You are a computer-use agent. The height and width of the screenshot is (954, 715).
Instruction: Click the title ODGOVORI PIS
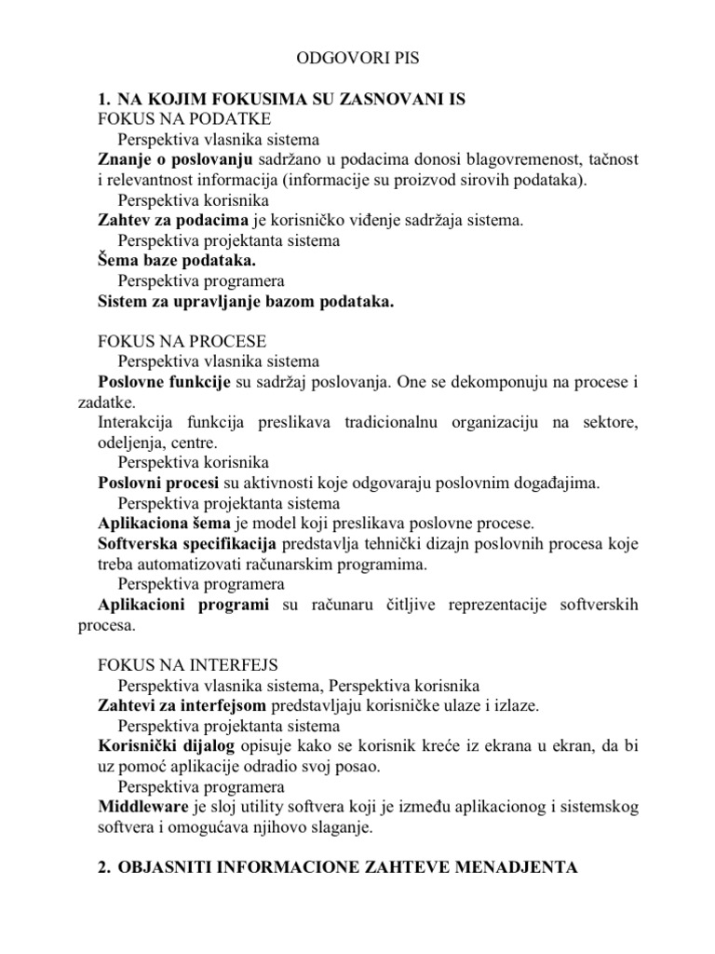pos(357,58)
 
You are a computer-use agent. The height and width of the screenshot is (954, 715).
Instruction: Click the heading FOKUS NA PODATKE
pos(184,119)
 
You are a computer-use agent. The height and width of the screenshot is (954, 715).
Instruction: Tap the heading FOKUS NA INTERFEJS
pos(188,664)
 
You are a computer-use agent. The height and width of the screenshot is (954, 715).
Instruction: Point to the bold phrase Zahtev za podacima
pos(173,221)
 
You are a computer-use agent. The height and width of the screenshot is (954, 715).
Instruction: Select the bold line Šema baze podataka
pos(176,261)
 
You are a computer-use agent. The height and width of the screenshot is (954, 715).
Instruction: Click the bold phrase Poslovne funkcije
pos(164,382)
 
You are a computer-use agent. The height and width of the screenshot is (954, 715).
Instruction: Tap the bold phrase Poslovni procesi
pos(157,483)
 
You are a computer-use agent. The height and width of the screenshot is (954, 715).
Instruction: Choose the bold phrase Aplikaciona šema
pos(164,524)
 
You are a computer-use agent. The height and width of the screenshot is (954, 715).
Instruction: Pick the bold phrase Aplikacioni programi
pos(183,605)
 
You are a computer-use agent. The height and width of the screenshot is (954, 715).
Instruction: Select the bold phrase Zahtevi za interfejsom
pos(182,705)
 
